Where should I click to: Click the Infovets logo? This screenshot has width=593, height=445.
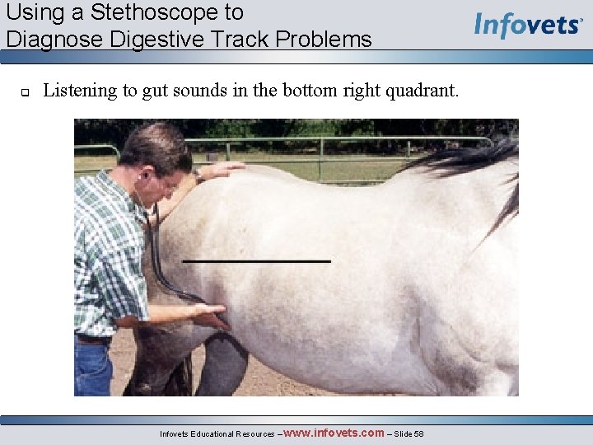coord(528,25)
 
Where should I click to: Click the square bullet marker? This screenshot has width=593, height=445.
coord(25,92)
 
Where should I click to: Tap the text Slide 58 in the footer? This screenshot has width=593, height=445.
coord(409,433)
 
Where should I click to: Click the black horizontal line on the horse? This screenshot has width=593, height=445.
coord(256,261)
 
